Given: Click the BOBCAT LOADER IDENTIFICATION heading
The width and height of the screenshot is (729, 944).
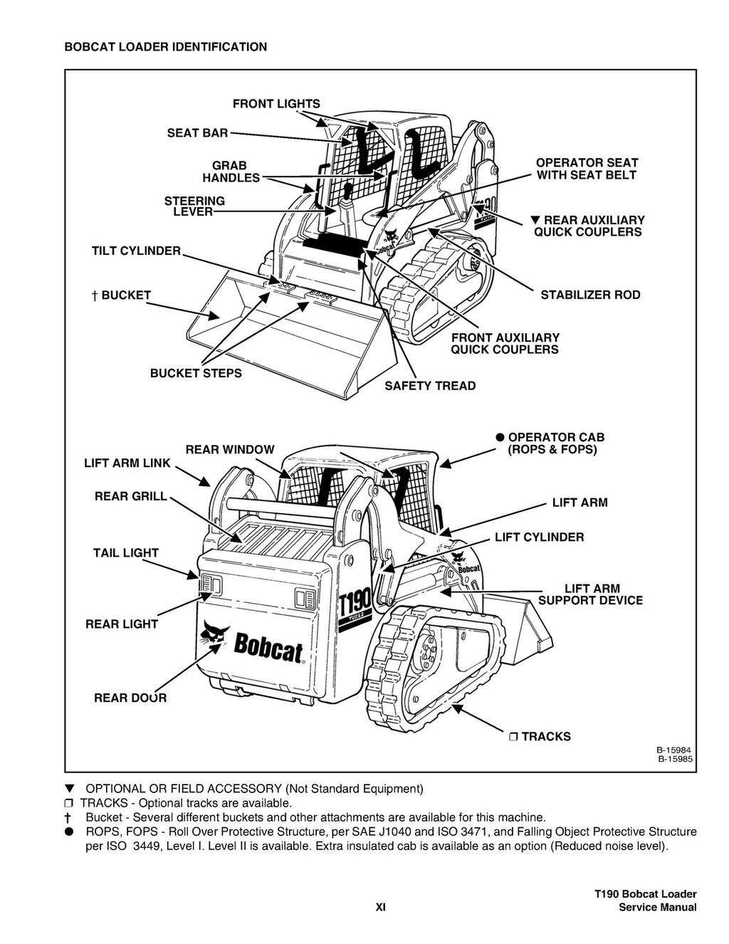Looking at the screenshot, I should coord(166,47).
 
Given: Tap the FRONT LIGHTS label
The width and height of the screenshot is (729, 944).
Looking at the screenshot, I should coord(276,104).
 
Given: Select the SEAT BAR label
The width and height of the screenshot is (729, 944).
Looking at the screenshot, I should coord(197,133).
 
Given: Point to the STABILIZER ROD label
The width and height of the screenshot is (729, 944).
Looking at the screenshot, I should coord(590,295).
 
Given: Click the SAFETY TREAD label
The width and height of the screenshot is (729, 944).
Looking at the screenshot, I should coord(430,386).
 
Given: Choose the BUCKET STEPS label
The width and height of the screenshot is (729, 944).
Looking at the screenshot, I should coord(196,373).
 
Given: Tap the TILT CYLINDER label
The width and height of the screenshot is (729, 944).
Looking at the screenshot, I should coord(136,251).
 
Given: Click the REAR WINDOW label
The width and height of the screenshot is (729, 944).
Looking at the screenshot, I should coord(229,450).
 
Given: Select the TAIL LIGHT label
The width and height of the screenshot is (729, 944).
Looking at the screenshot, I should coord(125,552).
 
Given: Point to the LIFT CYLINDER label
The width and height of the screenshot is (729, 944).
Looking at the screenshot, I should coord(539,537).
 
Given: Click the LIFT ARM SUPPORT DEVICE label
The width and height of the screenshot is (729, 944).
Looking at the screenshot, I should coord(590,594).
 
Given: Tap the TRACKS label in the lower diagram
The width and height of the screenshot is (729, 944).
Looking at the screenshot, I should coord(545,737).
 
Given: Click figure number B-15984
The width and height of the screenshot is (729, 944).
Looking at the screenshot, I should coord(674,750).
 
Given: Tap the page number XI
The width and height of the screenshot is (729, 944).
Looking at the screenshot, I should coord(380,907).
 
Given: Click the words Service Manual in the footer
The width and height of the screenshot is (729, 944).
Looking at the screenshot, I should coord(657,907).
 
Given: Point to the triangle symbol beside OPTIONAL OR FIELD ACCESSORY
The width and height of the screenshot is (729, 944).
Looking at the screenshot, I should coord(69,789).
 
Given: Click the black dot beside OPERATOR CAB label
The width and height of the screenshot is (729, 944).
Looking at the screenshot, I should coord(500,437).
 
